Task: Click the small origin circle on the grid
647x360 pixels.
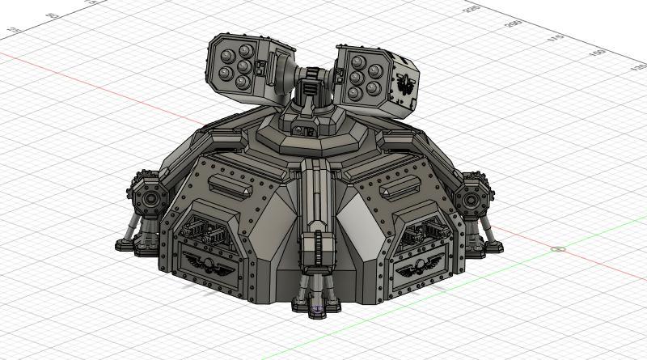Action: [557, 248]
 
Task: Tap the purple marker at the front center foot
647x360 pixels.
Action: [317, 307]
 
